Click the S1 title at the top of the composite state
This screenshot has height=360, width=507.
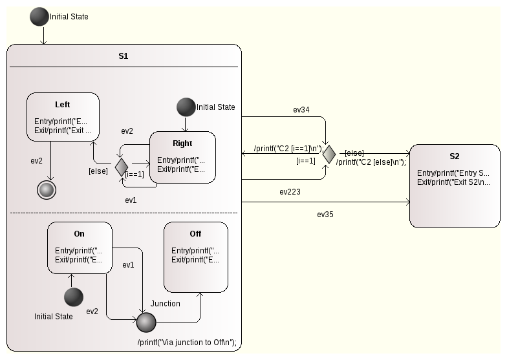(x=123, y=56)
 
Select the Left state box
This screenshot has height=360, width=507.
(x=63, y=116)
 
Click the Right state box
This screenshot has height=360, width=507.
(x=182, y=158)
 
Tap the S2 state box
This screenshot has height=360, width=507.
(x=454, y=185)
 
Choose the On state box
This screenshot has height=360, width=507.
(x=79, y=247)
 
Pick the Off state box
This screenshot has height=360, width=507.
(x=195, y=257)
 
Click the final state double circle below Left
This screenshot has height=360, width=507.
(x=46, y=190)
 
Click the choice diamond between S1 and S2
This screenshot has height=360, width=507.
(x=329, y=154)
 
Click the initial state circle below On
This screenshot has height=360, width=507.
(x=73, y=297)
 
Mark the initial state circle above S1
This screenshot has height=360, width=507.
(x=39, y=17)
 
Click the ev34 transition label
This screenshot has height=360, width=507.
(x=301, y=110)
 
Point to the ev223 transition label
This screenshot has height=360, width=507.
(x=290, y=192)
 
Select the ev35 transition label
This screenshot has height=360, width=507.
(x=325, y=213)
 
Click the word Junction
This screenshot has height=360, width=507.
(x=166, y=303)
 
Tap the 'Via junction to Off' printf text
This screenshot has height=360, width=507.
(x=191, y=342)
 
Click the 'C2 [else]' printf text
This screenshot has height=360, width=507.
(x=371, y=162)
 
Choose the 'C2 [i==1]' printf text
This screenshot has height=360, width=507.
(x=288, y=148)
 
